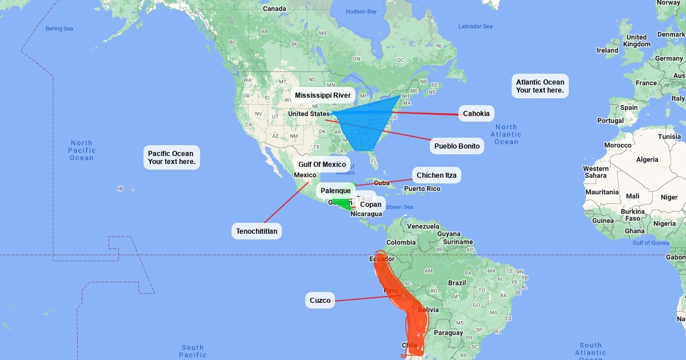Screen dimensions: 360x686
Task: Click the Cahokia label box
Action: [476, 114]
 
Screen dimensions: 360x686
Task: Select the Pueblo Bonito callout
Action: [457, 146]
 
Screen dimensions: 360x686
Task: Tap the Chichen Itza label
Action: [437, 175]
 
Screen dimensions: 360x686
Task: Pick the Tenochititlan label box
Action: [257, 231]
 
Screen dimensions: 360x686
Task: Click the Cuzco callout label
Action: [320, 301]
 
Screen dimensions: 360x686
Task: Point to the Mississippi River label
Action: [323, 95]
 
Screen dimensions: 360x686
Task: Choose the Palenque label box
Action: [336, 191]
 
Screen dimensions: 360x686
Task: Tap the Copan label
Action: [370, 205]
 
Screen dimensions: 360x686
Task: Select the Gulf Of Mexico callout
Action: [322, 165]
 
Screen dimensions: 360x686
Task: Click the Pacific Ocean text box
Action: [171, 158]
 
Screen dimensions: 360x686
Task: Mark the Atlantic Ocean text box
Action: [540, 86]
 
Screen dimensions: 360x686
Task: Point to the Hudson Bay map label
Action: [361, 11]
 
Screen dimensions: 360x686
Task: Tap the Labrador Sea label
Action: [475, 26]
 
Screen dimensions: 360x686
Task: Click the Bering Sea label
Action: [59, 29]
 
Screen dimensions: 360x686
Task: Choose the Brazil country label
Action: [457, 283]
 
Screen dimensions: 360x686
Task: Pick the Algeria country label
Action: [647, 159]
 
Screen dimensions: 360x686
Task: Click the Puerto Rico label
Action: [422, 189]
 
